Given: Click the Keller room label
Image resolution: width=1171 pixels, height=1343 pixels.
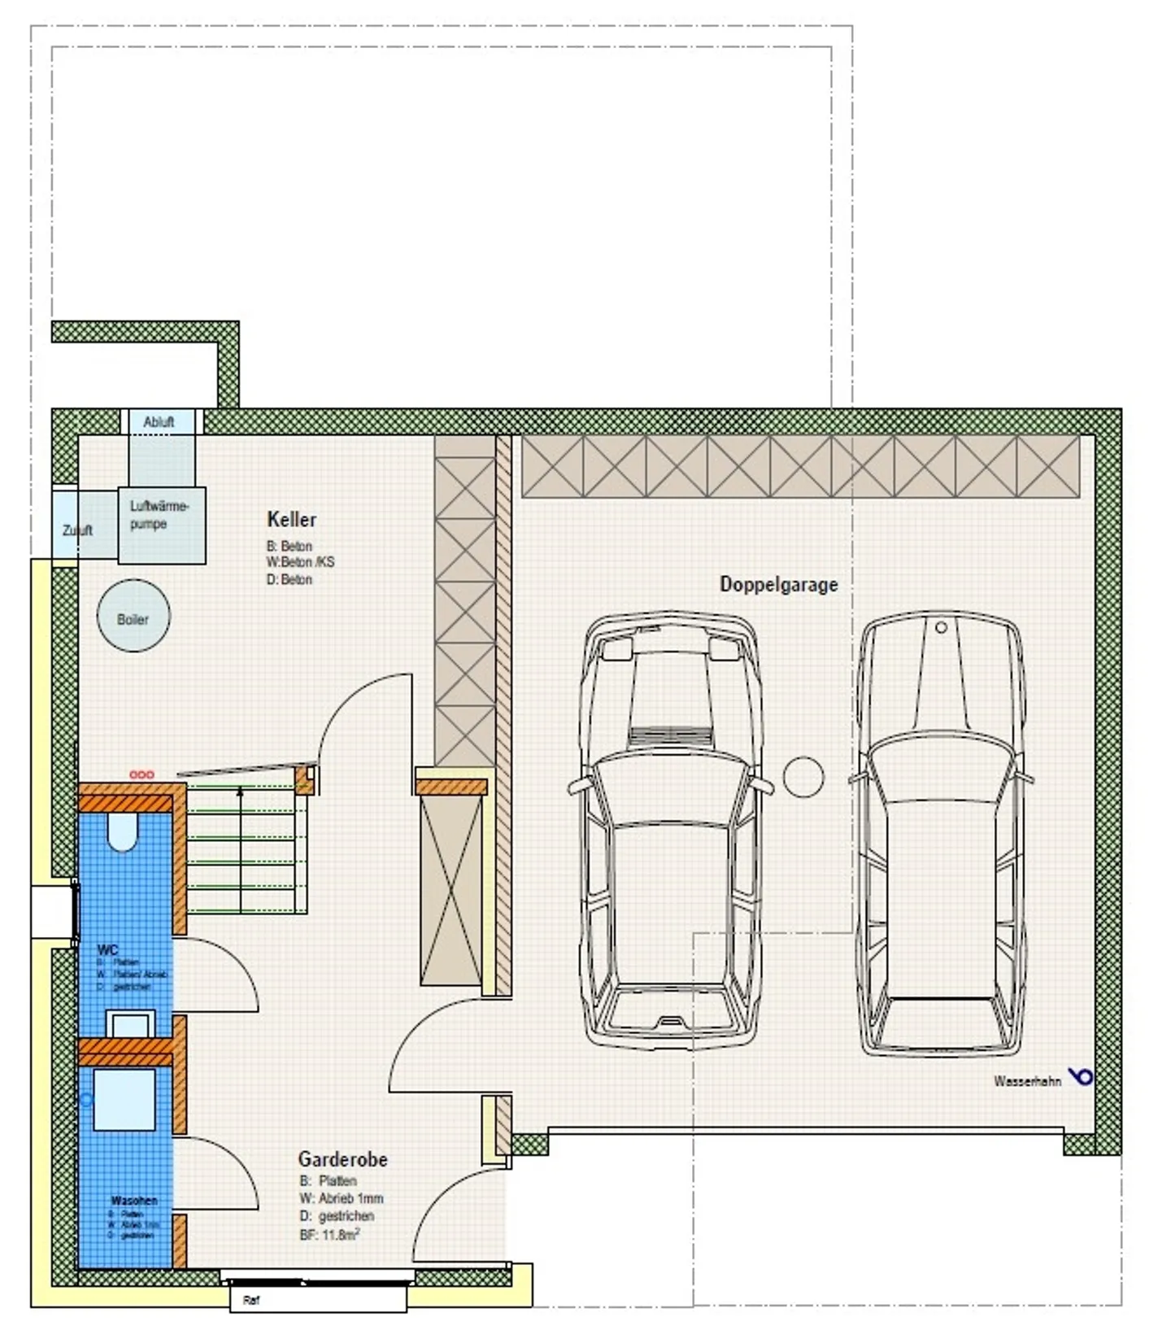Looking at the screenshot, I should point(291,519).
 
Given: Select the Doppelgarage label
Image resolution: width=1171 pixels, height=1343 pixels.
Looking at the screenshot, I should point(778,584).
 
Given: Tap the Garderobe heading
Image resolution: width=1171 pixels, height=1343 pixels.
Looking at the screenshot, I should point(342,1158).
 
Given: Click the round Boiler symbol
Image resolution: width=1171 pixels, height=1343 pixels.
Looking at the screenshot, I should point(133,616).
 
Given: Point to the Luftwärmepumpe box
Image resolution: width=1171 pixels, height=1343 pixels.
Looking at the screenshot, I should point(161,525).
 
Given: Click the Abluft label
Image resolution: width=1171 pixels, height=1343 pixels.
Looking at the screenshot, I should point(159,422).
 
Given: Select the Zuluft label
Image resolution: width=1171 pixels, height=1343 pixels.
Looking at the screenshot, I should point(77,530).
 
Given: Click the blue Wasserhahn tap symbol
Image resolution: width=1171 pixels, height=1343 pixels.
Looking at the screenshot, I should point(1082,1076).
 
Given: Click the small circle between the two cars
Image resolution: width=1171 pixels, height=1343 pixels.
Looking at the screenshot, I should point(803,777).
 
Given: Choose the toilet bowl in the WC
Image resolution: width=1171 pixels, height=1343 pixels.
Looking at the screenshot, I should point(123,833).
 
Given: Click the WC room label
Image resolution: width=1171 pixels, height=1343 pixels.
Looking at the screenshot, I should point(107,949).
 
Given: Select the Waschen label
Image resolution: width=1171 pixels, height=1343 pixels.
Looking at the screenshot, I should point(134,1201).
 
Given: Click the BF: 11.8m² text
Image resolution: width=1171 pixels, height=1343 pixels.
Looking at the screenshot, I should point(329,1235).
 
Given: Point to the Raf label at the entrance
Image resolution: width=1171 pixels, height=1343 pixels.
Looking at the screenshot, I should point(251,1301).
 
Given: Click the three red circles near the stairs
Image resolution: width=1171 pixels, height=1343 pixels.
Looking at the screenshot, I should point(141,774).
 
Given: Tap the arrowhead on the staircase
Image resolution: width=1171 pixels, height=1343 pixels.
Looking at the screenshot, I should point(240,790).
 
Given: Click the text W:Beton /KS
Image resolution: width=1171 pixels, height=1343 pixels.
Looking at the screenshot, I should point(300,562).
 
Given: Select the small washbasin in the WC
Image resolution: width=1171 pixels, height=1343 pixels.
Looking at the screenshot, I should point(130,1024).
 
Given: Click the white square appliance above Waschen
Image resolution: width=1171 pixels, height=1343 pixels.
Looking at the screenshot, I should point(124,1100).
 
